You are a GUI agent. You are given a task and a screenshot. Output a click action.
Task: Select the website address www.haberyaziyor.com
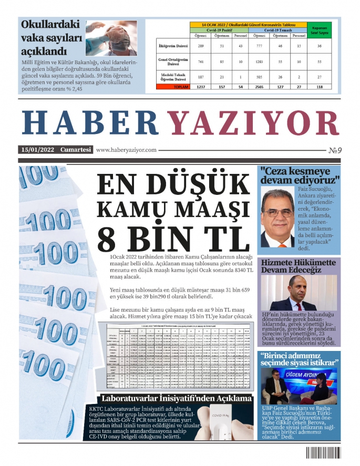127,150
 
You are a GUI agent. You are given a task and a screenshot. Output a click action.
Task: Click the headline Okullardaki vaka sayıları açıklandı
50,38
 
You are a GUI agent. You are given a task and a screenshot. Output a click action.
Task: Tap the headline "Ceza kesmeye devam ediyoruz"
300,175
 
